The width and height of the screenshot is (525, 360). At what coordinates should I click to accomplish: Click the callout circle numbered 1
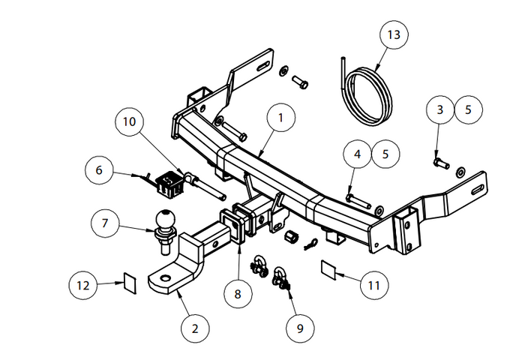(x=280, y=118)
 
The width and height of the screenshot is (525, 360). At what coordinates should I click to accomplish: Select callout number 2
(x=195, y=328)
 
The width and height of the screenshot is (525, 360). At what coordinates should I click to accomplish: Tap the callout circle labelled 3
(x=440, y=109)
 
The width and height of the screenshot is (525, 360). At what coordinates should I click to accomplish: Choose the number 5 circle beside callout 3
(x=469, y=109)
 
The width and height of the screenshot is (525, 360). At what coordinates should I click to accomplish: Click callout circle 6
(x=98, y=169)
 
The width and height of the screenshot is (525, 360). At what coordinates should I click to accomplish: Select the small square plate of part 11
(x=331, y=268)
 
